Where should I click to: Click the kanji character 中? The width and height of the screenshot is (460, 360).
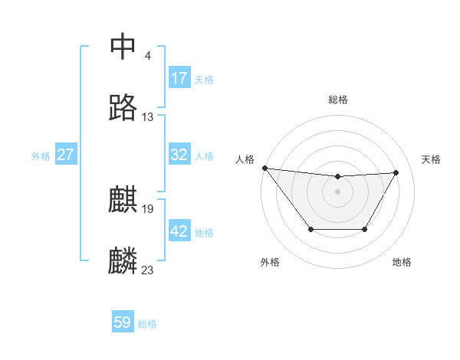click(x=124, y=47)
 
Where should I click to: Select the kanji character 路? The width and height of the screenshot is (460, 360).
click(x=124, y=108)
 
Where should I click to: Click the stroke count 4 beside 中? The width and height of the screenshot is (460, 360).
click(x=147, y=55)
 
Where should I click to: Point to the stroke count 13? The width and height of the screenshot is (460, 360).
click(x=148, y=117)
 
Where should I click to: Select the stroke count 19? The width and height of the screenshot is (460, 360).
click(x=148, y=208)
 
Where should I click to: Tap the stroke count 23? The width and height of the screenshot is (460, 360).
click(x=148, y=270)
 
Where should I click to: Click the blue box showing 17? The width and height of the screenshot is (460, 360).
click(x=179, y=78)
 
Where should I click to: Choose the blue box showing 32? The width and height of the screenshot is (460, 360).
click(x=179, y=155)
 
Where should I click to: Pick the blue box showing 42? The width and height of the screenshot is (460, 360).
click(x=179, y=231)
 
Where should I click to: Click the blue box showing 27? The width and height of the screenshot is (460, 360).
click(x=66, y=155)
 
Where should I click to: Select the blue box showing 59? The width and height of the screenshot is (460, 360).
click(x=123, y=322)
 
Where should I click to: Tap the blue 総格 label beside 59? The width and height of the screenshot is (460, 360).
click(x=147, y=324)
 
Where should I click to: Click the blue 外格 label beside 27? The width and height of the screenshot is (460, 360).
click(x=41, y=156)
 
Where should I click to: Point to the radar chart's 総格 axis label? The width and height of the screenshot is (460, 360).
click(x=338, y=100)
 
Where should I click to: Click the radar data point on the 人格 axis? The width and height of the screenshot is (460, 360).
click(x=264, y=168)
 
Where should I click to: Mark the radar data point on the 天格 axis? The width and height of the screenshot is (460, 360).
click(x=396, y=172)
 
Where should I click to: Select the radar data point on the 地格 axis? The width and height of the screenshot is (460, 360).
click(x=364, y=229)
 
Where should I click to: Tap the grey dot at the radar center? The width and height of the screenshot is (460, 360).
click(x=337, y=191)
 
